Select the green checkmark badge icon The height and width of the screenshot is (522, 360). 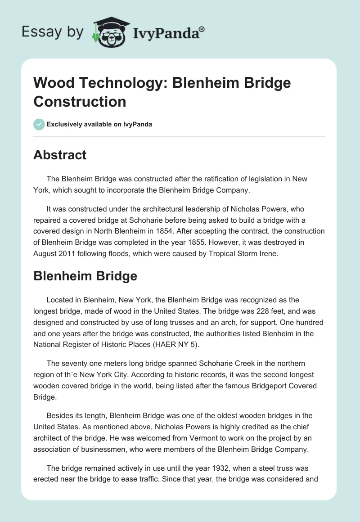[x=39, y=124]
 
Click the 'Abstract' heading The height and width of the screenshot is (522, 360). [x=60, y=155]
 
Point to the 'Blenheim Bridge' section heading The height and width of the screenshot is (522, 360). [x=85, y=276]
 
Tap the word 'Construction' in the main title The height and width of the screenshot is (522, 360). [x=80, y=101]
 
